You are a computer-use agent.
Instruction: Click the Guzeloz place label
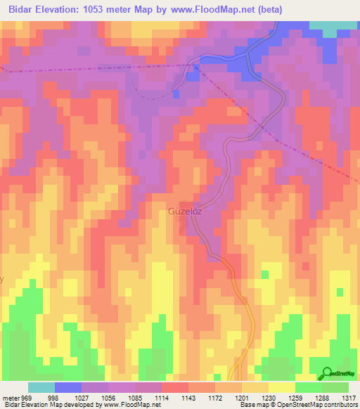coord(186,210)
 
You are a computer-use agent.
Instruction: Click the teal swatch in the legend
coord(41,387)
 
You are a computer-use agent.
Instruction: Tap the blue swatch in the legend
coord(68,387)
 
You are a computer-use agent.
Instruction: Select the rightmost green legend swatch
coord(335,387)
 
